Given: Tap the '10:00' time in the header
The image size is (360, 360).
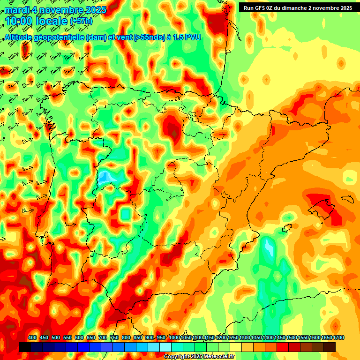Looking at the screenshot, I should click(x=19, y=21).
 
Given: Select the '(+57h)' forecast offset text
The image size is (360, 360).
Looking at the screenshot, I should click(x=81, y=21).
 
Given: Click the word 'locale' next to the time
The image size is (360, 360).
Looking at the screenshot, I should click(x=51, y=21).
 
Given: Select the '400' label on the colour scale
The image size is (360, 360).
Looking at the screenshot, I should click(x=32, y=337).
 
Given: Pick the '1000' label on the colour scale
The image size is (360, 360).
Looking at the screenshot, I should click(x=174, y=337).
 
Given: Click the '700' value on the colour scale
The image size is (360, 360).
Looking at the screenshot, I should click(x=103, y=337).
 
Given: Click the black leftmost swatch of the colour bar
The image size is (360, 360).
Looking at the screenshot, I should click(x=24, y=347).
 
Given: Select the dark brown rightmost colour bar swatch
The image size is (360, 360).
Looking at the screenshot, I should click(x=330, y=347).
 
